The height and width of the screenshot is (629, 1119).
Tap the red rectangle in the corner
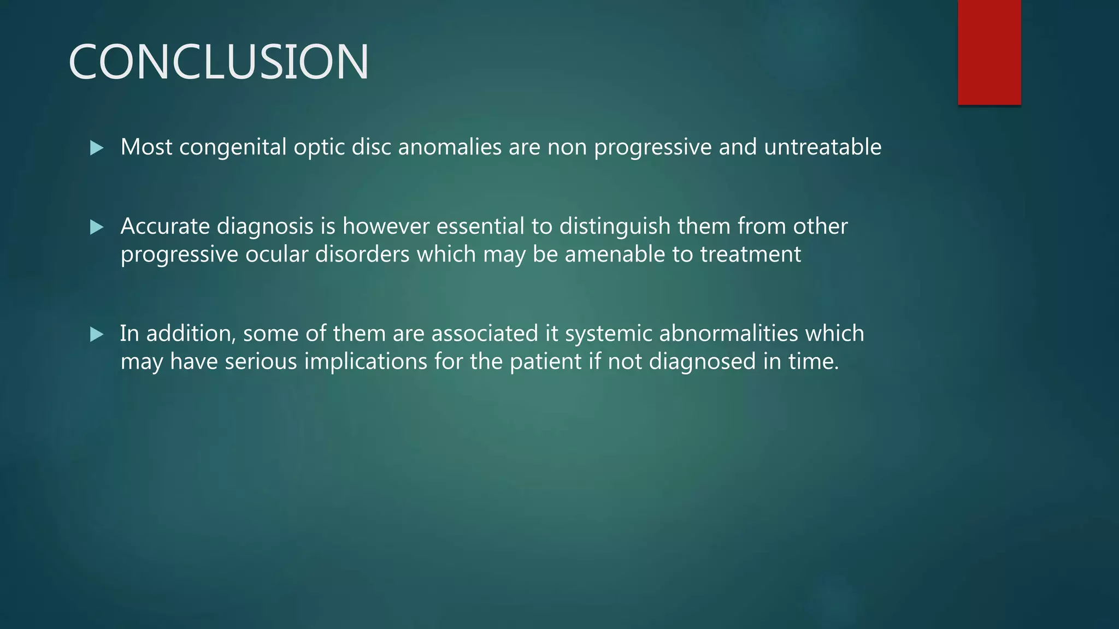(x=989, y=52)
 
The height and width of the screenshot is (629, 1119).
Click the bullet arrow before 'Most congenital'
(x=97, y=147)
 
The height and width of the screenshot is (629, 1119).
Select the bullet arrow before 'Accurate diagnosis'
(x=97, y=227)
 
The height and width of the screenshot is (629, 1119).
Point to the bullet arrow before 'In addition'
(x=97, y=334)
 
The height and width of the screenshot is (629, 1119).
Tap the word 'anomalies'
(x=450, y=147)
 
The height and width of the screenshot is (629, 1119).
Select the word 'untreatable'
(x=822, y=147)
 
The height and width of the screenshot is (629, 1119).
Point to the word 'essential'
(x=480, y=227)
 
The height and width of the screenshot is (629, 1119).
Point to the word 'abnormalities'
(x=729, y=334)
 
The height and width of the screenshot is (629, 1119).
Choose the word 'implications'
(x=366, y=362)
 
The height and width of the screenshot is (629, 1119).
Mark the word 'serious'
(x=261, y=361)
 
